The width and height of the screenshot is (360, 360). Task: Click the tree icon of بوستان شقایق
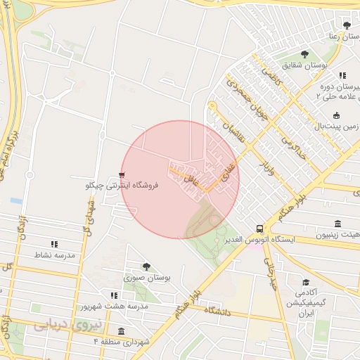[x=304, y=54]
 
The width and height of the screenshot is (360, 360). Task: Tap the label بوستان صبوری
[x=148, y=278]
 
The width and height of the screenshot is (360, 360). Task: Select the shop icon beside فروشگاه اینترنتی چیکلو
[x=123, y=174]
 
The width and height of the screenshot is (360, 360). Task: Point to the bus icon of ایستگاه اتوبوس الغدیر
[x=260, y=229]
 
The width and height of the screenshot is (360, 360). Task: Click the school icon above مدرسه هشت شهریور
[x=113, y=295]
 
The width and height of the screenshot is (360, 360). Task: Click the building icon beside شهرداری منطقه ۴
[x=122, y=330]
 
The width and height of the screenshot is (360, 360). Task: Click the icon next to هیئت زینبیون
[x=339, y=224]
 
